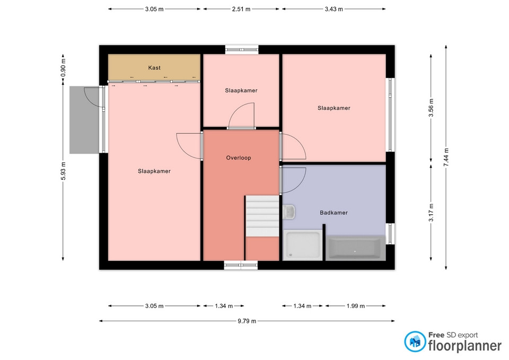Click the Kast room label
(154, 67)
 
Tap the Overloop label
(239, 158)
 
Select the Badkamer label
(334, 213)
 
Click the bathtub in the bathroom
(355, 248)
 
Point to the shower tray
(303, 245)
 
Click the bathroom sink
(288, 212)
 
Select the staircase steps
(262, 216)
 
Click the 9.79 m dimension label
(247, 321)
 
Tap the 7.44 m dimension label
(446, 157)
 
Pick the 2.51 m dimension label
(241, 9)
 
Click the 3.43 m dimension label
(334, 9)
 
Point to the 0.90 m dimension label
(63, 68)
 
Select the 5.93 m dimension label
(63, 171)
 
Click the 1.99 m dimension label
(355, 306)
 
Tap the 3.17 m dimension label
(431, 213)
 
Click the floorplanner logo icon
(415, 341)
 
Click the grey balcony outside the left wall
(84, 120)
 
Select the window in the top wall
(242, 50)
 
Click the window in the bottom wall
(241, 265)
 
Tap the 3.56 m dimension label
(431, 108)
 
